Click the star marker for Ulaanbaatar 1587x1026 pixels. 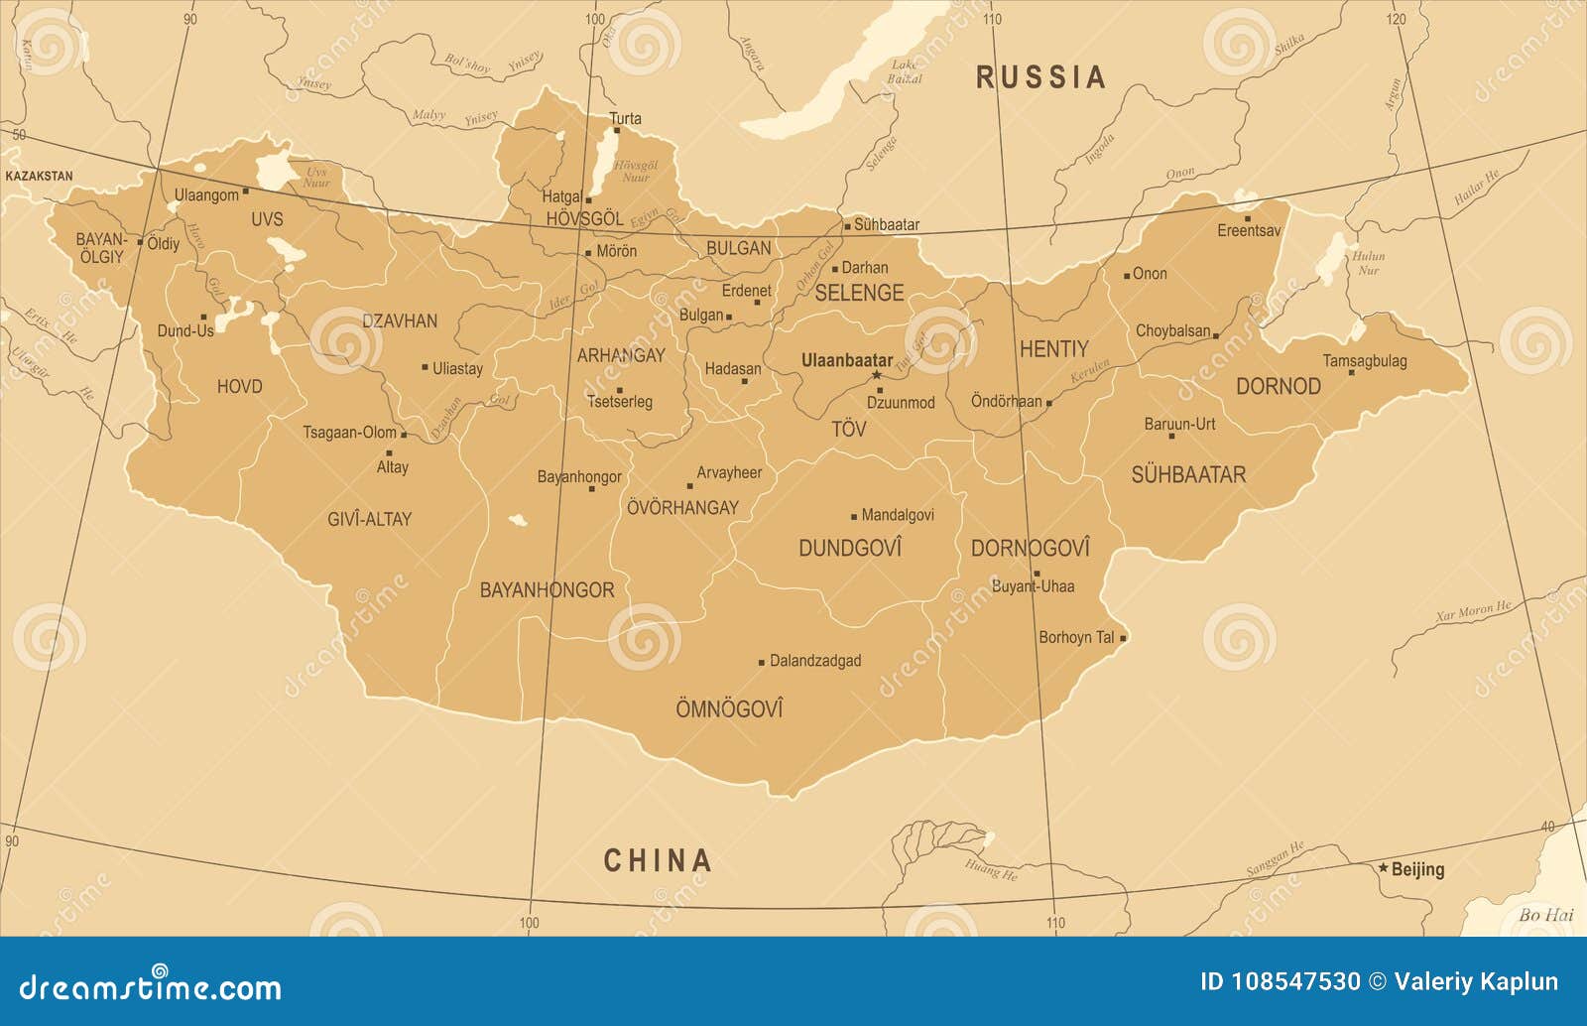877,376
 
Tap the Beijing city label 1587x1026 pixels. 1417,869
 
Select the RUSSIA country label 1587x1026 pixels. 1040,77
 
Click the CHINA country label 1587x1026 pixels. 658,860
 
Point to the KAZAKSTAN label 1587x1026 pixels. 39,176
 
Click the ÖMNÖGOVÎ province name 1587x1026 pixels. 729,708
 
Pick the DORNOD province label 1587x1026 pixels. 1278,386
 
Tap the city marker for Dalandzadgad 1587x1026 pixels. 762,662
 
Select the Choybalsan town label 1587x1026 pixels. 1172,330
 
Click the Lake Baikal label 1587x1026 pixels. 905,71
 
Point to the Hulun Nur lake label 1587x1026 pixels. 1368,263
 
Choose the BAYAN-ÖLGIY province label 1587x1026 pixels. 101,248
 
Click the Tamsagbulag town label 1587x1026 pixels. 1364,360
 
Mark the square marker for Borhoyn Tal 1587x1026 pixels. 1123,638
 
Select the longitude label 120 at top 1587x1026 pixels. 1396,19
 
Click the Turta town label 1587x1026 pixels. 625,118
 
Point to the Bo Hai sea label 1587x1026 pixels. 1545,915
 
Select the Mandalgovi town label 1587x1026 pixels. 897,515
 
